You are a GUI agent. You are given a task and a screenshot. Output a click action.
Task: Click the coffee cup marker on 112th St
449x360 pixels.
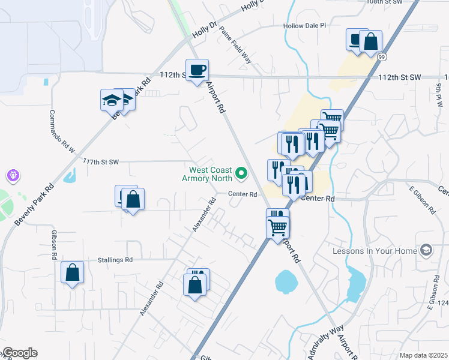tap(197, 71)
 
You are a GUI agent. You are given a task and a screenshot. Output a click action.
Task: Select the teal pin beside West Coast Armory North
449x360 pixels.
tap(242, 174)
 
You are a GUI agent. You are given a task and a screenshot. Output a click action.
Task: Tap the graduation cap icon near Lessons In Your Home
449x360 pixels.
tap(426, 250)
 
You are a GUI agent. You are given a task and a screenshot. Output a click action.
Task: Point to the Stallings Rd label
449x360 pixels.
tap(115, 260)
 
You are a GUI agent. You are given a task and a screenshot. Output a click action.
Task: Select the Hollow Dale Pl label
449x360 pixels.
tap(304, 26)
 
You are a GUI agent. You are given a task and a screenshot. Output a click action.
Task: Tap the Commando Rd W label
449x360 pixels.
tap(62, 132)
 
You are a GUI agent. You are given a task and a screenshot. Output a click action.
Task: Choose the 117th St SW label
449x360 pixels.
tap(101, 162)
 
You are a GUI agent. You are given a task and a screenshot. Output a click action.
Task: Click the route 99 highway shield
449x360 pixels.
tap(382, 56)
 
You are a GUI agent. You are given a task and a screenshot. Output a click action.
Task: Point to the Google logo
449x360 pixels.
tap(20, 353)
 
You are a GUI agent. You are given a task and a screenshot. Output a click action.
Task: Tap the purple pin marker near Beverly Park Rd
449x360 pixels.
tap(14, 176)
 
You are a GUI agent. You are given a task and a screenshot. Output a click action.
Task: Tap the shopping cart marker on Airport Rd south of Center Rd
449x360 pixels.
tap(277, 227)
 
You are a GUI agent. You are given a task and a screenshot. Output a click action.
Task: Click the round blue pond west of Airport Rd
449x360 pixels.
tap(285, 281)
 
